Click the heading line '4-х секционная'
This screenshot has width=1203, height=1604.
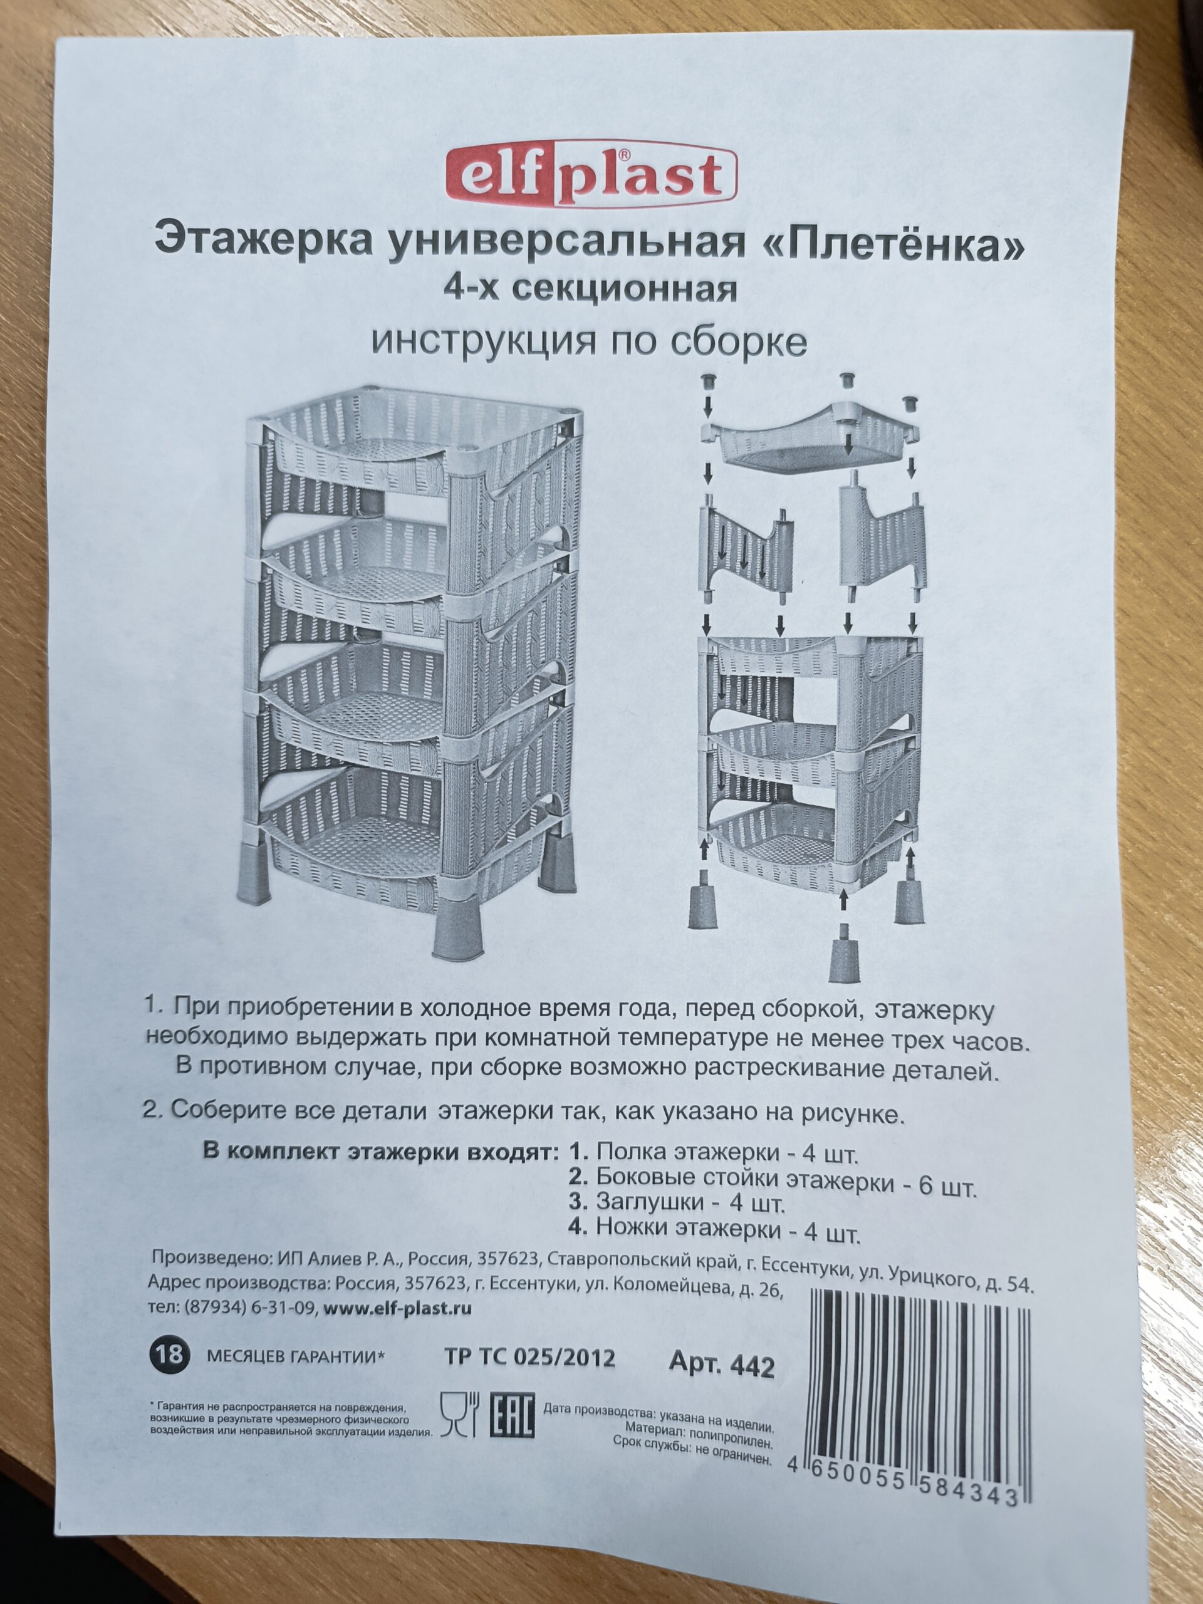coord(590,289)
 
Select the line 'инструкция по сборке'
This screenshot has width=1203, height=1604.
coord(589,341)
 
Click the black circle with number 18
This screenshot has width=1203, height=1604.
coord(170,1355)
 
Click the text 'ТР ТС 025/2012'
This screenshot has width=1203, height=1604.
coord(529,1358)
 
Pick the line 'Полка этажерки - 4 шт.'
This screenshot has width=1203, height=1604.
coord(714,1152)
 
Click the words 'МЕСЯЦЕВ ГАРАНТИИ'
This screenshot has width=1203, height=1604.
coord(294,1356)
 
